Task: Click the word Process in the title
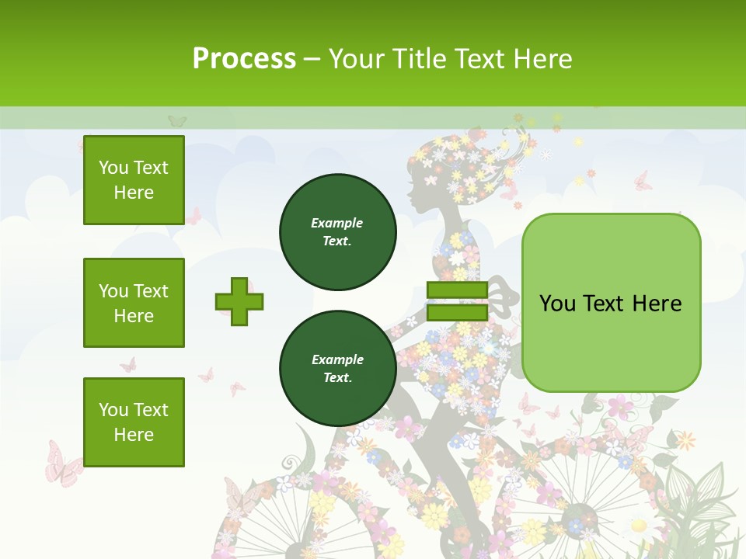tap(244, 58)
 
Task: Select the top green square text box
tap(134, 180)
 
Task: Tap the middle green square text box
tap(134, 303)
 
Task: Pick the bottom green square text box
tap(134, 422)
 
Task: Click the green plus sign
tap(239, 301)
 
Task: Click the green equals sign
tap(457, 301)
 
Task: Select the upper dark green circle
tap(338, 232)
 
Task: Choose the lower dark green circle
tap(338, 369)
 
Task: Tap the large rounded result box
tap(611, 303)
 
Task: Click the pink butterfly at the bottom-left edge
tap(63, 464)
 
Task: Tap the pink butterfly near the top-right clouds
tap(643, 182)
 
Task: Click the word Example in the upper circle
tap(337, 223)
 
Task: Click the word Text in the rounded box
tap(611, 303)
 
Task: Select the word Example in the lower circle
tap(337, 359)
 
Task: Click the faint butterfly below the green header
tap(177, 121)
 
